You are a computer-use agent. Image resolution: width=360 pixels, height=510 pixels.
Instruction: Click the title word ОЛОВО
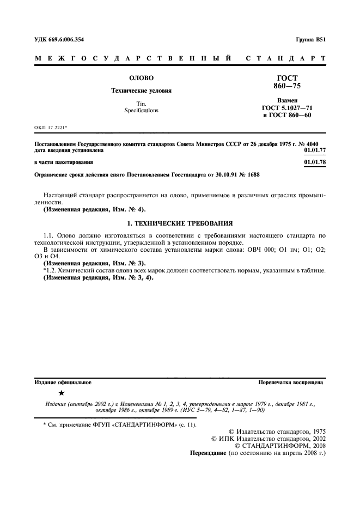pyautogui.click(x=141, y=78)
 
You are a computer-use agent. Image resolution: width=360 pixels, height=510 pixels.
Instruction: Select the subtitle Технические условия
pyautogui.click(x=141, y=90)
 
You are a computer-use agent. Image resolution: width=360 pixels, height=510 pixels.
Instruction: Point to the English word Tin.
pyautogui.click(x=141, y=103)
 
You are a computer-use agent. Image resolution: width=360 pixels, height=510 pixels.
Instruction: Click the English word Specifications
pyautogui.click(x=141, y=110)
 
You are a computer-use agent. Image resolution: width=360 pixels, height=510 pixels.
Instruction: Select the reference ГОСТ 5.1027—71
pyautogui.click(x=287, y=108)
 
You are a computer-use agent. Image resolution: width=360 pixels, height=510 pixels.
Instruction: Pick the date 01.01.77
pyautogui.click(x=315, y=150)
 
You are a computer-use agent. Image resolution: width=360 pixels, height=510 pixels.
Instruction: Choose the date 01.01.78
pyautogui.click(x=315, y=162)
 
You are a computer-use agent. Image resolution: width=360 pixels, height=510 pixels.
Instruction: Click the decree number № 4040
pyautogui.click(x=313, y=144)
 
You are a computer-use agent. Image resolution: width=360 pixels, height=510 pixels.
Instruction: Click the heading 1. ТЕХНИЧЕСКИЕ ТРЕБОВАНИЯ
pyautogui.click(x=180, y=223)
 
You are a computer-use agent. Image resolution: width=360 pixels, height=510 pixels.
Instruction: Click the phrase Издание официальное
pyautogui.click(x=63, y=382)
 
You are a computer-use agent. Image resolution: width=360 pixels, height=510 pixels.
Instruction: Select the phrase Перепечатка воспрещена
pyautogui.click(x=291, y=382)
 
